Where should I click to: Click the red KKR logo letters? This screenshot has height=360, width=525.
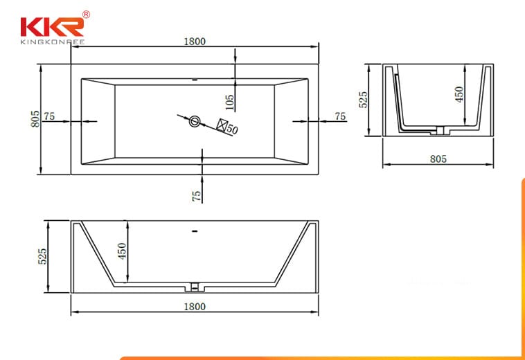click(x=52, y=27)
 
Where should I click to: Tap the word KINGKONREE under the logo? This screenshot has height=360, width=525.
click(x=53, y=42)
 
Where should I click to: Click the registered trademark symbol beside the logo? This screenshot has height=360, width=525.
click(x=86, y=15)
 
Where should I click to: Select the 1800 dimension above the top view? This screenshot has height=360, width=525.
click(x=195, y=42)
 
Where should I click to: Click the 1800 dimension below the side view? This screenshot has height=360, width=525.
click(x=195, y=307)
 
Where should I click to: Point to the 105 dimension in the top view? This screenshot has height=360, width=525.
click(x=229, y=102)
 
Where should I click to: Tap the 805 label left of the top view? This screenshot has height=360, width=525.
click(x=35, y=119)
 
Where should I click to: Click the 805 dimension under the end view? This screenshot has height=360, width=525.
click(x=438, y=159)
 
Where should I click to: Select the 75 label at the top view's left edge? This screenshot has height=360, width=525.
click(x=49, y=116)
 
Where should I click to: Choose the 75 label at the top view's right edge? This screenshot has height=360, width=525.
click(x=340, y=116)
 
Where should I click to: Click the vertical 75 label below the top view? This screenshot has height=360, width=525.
click(x=197, y=196)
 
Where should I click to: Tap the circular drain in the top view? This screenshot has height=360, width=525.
click(x=195, y=121)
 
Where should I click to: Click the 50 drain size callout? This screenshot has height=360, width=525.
click(x=232, y=129)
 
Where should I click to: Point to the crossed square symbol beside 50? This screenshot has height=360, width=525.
click(x=222, y=125)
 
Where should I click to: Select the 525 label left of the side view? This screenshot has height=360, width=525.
click(x=42, y=256)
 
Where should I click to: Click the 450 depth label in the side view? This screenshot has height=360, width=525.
click(x=122, y=251)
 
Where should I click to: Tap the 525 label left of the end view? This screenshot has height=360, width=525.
click(x=364, y=100)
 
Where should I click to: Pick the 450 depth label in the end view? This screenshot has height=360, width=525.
click(x=459, y=94)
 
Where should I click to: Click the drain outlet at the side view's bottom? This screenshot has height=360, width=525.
click(x=195, y=287)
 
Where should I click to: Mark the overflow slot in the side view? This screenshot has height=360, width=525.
click(x=195, y=231)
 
